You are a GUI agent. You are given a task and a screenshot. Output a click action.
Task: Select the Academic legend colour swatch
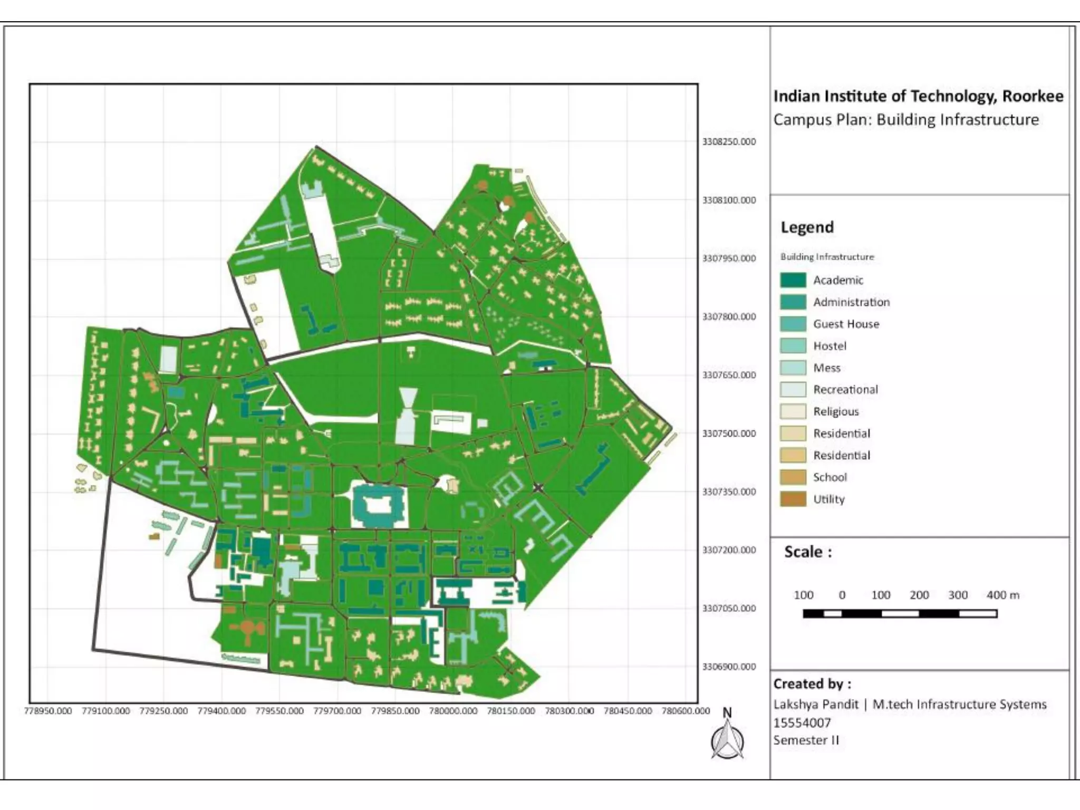coord(793,280)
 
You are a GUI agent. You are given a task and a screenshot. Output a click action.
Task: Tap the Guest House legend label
coord(846,324)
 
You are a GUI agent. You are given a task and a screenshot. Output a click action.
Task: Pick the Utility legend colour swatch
coord(793,499)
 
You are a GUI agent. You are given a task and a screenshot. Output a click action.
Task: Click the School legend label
coord(830,477)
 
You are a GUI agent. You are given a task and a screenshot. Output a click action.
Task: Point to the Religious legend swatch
coord(793,411)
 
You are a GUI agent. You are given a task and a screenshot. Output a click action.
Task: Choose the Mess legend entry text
coord(826,368)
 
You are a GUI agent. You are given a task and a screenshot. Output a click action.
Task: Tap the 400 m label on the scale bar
coord(1002,595)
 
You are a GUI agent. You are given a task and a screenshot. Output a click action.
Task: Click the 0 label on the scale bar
coord(842,595)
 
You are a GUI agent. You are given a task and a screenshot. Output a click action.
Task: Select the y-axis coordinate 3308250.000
coord(728,142)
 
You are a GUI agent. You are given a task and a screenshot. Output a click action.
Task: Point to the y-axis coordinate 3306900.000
coord(728,667)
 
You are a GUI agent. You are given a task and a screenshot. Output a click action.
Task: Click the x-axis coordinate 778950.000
coord(47,711)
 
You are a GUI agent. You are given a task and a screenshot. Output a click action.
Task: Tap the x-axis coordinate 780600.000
coord(686,711)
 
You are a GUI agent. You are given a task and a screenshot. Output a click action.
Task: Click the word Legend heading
coord(807,227)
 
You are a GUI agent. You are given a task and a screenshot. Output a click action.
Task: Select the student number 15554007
coord(802,722)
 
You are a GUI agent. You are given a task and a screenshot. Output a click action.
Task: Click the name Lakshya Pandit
coord(815,705)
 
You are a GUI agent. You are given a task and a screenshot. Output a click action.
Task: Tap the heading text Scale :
coord(807,552)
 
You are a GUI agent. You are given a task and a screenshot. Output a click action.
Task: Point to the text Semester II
coord(805,740)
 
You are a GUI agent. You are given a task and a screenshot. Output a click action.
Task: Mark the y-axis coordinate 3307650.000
coord(728,375)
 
